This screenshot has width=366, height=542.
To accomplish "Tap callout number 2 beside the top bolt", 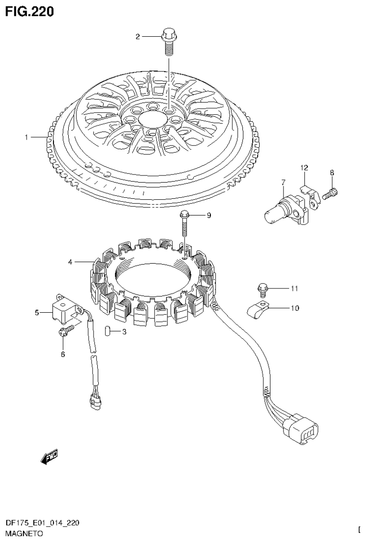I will tap(138, 36).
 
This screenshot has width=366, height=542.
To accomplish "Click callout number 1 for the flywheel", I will tap(27, 137).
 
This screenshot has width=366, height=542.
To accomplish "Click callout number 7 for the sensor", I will tap(283, 182).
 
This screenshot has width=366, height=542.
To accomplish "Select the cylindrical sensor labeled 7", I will tap(279, 208).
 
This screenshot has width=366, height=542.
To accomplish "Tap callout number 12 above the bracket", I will tap(304, 167).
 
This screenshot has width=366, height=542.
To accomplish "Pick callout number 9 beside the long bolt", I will tap(208, 215).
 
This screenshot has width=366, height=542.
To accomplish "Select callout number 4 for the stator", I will tap(70, 262).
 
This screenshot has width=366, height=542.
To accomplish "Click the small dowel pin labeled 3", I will tap(108, 330).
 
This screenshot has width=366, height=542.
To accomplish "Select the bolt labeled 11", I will tap(262, 288).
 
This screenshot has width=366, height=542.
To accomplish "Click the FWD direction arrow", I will tap(49, 458).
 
